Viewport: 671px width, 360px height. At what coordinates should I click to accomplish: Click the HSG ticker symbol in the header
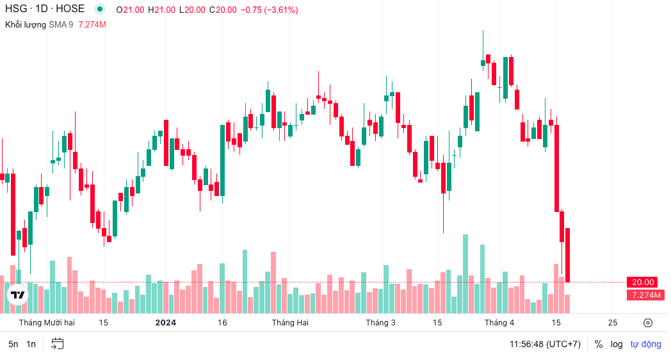click(16, 10)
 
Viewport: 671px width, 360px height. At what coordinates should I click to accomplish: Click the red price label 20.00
click(643, 282)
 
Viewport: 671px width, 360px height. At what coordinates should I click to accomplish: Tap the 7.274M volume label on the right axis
click(645, 295)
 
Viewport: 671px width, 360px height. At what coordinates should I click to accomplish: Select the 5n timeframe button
click(13, 344)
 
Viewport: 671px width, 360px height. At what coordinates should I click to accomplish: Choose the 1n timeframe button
click(31, 344)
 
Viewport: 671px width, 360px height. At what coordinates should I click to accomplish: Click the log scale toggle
click(617, 344)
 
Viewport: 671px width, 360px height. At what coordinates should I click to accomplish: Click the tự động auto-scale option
click(645, 344)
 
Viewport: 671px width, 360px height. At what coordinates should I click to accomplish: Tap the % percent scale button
click(599, 344)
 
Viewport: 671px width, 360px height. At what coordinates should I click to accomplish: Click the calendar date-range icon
click(58, 343)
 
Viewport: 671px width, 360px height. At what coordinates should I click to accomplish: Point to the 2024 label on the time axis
click(166, 322)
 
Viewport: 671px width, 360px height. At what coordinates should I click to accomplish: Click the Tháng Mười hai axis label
click(47, 322)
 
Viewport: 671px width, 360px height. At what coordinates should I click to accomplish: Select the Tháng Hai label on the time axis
click(290, 322)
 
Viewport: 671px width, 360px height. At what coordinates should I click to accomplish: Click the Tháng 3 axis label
click(380, 322)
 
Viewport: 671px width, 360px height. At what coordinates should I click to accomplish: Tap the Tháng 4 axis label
click(499, 322)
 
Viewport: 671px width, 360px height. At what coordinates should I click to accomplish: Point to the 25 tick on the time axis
click(613, 322)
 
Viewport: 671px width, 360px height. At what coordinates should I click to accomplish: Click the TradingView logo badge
click(18, 295)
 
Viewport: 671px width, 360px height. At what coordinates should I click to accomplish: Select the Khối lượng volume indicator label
click(26, 24)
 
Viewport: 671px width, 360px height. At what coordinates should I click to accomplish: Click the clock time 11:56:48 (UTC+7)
click(545, 344)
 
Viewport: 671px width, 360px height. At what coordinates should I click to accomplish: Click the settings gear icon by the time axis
click(647, 322)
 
